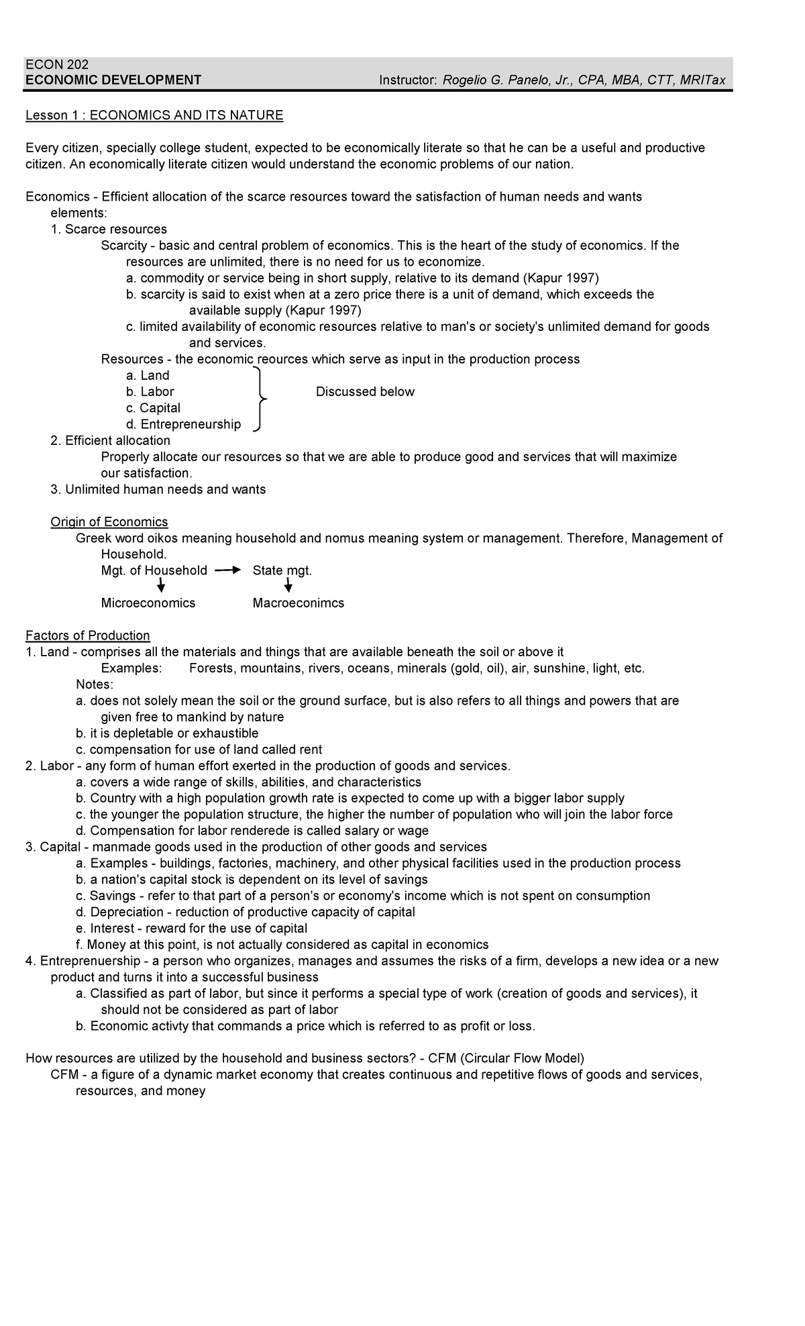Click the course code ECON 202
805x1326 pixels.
(56, 64)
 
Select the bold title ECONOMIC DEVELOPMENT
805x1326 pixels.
(113, 81)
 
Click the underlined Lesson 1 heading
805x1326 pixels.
(154, 115)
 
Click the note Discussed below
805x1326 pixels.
(365, 392)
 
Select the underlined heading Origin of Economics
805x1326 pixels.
(109, 522)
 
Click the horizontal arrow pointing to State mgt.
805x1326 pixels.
(227, 570)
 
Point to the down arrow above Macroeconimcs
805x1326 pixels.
(288, 586)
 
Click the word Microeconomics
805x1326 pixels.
(148, 603)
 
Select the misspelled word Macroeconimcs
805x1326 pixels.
(298, 603)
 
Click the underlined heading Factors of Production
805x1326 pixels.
(87, 635)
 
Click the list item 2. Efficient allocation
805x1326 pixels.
(111, 441)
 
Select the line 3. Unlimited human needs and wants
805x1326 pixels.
(158, 489)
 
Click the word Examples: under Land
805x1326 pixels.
(131, 668)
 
